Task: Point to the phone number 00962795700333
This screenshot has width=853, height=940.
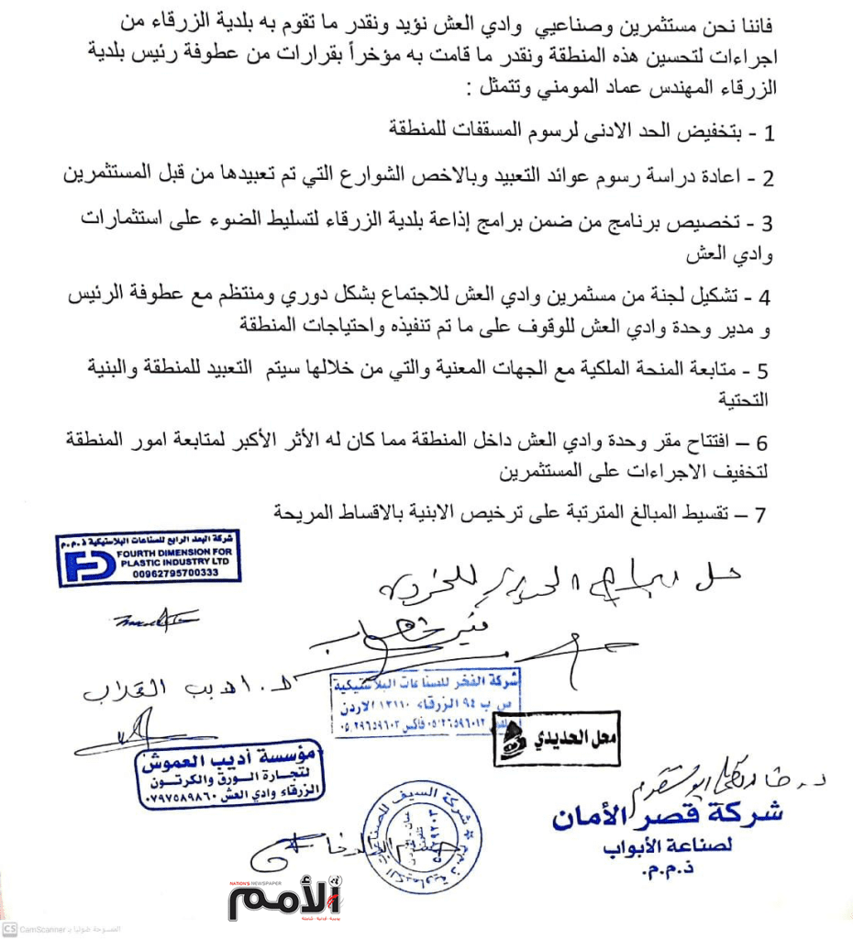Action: coord(167,573)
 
